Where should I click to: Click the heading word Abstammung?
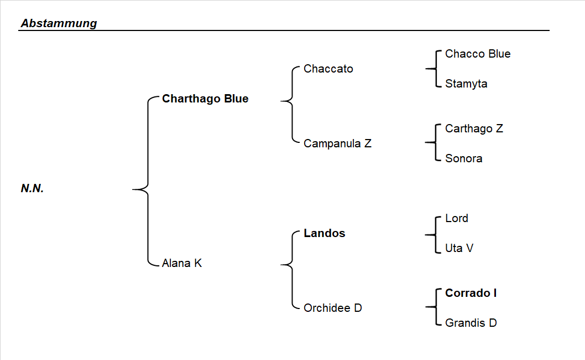(59, 23)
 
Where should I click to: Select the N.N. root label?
(33, 188)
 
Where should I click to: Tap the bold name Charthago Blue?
(205, 99)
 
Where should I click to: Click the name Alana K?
(182, 263)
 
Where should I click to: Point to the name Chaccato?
(328, 69)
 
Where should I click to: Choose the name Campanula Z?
(337, 143)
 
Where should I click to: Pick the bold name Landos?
(325, 233)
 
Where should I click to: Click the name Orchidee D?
(333, 307)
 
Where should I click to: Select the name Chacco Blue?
(478, 54)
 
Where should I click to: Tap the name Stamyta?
(466, 84)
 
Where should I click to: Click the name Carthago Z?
(474, 128)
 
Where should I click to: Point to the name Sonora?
(463, 158)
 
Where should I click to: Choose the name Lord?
(457, 218)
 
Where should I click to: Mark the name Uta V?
(459, 248)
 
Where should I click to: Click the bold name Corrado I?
(471, 293)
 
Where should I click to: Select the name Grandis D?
(471, 322)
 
